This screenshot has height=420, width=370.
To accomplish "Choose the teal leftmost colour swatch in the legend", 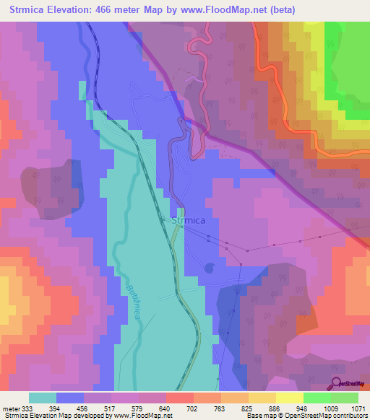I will [43, 398].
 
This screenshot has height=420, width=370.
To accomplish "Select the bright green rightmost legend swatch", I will [345, 398].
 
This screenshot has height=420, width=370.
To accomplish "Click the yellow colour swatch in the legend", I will [290, 398].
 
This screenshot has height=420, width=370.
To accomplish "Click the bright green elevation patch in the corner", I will [347, 65].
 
